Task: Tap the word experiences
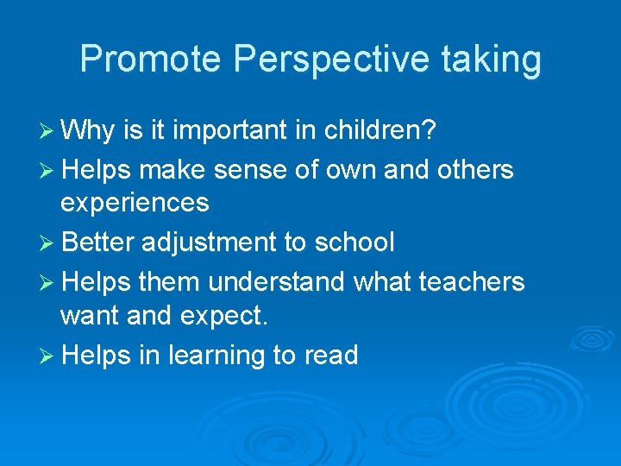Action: pyautogui.click(x=135, y=203)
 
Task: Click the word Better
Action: pyautogui.click(x=98, y=242)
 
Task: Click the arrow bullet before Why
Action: pyautogui.click(x=50, y=133)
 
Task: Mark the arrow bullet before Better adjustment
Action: pyautogui.click(x=50, y=243)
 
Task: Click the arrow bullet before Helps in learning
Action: pyautogui.click(x=50, y=356)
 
